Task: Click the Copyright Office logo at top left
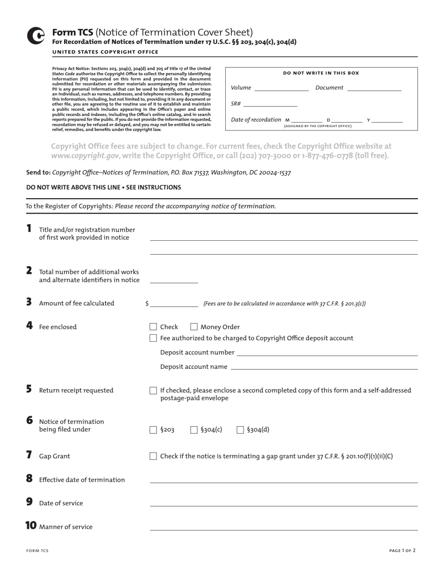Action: (x=36, y=36)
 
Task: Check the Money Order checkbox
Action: (x=194, y=327)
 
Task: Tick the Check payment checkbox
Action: (x=153, y=327)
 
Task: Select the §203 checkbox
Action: (x=153, y=430)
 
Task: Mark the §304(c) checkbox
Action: (x=194, y=430)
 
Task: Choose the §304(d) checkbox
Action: (x=240, y=430)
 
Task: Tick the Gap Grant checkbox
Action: (x=153, y=456)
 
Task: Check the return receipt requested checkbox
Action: (x=153, y=390)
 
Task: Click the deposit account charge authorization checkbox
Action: (x=153, y=338)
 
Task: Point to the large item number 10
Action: (x=30, y=526)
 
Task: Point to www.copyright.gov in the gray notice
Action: (x=85, y=156)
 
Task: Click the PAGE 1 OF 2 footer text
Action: (x=402, y=551)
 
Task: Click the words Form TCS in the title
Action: (x=72, y=32)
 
